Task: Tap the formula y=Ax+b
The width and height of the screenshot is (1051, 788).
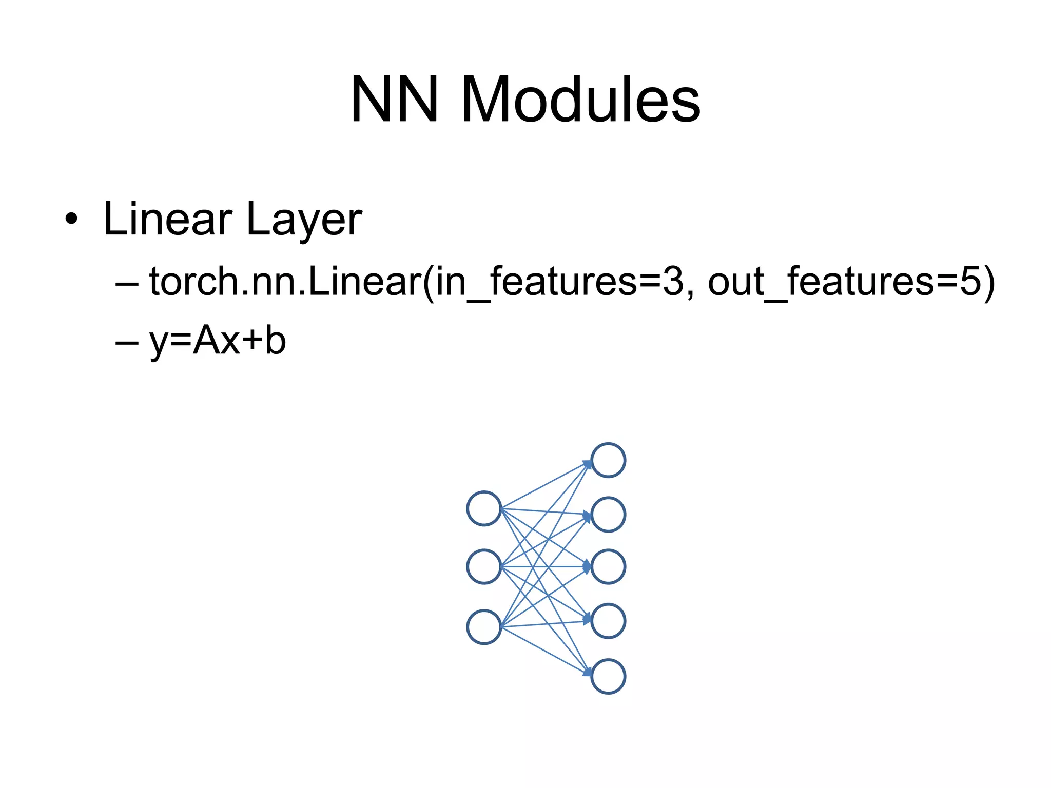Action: (x=218, y=342)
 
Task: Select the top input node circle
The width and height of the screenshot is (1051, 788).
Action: (x=484, y=508)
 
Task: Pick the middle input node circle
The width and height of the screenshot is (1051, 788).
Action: (x=484, y=566)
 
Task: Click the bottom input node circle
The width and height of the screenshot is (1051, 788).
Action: (x=484, y=627)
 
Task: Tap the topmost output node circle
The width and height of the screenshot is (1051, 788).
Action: (x=608, y=460)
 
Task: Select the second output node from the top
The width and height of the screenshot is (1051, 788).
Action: (x=608, y=514)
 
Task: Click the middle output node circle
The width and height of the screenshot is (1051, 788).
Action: (x=608, y=567)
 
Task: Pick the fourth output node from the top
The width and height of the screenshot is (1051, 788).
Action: (x=608, y=621)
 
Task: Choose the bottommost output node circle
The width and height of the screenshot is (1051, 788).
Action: (x=608, y=676)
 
